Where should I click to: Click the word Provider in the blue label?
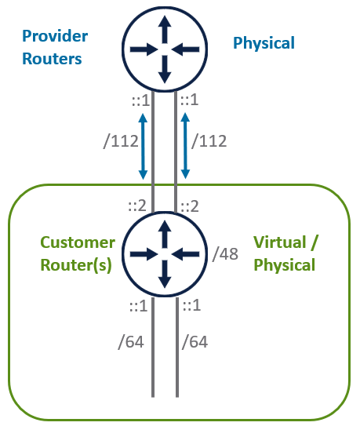click(x=55, y=36)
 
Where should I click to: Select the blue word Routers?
click(x=52, y=59)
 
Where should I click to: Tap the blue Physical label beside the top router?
click(x=264, y=43)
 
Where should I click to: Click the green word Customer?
click(x=78, y=242)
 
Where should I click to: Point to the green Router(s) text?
click(x=76, y=265)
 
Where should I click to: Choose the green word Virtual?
click(x=280, y=242)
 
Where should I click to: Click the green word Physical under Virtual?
click(x=284, y=264)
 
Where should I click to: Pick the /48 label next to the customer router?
click(x=225, y=254)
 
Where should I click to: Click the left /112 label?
click(x=121, y=141)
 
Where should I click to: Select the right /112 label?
click(x=209, y=141)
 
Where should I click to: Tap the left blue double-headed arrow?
click(x=143, y=146)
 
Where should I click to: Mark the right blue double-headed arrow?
click(x=185, y=146)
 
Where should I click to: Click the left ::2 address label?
click(x=137, y=206)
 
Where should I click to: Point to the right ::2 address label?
click(x=190, y=206)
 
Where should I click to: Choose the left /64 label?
click(x=131, y=342)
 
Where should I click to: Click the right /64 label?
click(x=195, y=342)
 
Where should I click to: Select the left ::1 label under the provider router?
click(x=140, y=100)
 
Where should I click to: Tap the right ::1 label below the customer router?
click(x=192, y=305)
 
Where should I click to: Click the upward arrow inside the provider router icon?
click(x=165, y=29)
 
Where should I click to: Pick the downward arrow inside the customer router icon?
click(x=165, y=274)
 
